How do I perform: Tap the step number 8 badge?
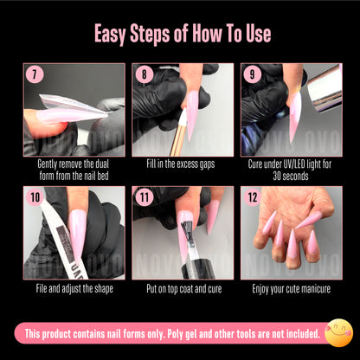pos(143,74)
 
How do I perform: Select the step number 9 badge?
pos(251,74)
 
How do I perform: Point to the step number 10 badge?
pos(35,196)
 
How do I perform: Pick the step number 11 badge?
pos(144,196)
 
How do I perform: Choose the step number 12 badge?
pos(252,196)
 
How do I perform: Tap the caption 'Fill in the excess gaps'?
pos(180,163)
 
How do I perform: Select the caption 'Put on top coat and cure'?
pos(180,287)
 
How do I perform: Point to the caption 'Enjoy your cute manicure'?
pos(288,287)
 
